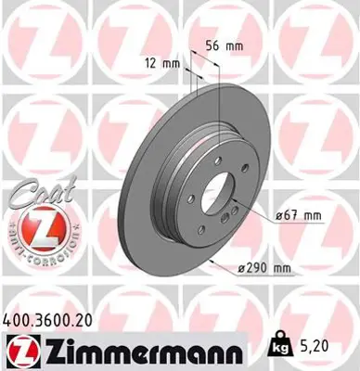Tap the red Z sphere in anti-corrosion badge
(34, 224)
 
